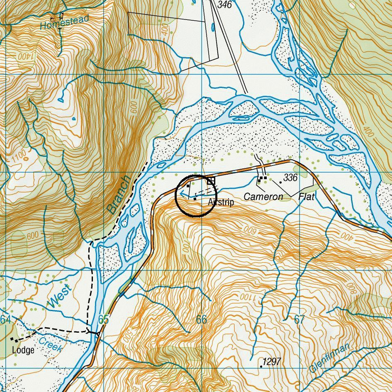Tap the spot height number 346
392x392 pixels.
224,5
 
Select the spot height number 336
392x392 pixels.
290,178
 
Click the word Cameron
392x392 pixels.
263,197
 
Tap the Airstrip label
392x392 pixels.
221,202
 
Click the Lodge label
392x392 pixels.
23,350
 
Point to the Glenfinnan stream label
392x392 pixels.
330,357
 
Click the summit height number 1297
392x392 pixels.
272,362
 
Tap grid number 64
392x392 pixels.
5,319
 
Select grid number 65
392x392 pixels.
103,319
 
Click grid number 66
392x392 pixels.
201,319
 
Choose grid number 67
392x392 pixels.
299,319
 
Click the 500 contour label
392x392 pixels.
127,334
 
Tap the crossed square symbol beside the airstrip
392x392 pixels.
211,181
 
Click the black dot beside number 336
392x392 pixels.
281,182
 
